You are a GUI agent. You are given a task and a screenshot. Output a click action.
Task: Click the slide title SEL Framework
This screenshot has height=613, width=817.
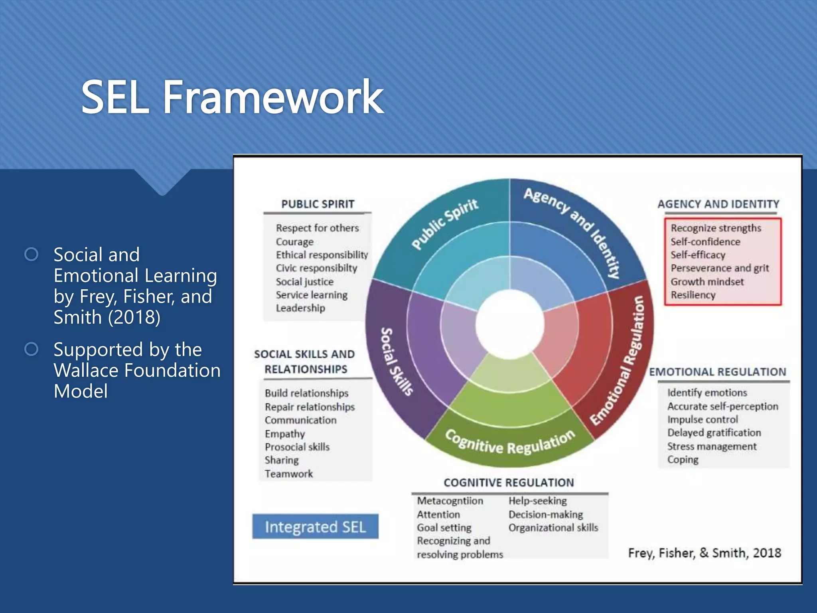(x=232, y=97)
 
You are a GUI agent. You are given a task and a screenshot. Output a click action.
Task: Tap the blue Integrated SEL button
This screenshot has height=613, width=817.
(x=315, y=526)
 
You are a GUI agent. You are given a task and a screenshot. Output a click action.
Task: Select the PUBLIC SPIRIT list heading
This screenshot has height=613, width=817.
(x=318, y=204)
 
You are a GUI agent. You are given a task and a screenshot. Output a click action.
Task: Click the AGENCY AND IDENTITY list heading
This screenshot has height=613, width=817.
(x=718, y=204)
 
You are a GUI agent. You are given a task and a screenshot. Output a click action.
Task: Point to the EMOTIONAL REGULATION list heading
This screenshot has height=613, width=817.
(x=717, y=372)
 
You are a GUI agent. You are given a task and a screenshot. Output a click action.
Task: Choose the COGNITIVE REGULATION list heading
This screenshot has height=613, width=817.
(x=509, y=482)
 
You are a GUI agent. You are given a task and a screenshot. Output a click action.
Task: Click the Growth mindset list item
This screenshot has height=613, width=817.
(x=707, y=281)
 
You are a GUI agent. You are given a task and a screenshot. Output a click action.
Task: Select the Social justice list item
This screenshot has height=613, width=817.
(x=304, y=281)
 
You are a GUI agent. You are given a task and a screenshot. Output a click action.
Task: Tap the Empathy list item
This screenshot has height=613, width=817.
(x=284, y=433)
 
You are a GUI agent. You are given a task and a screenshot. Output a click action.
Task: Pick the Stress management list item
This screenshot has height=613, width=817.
(x=712, y=446)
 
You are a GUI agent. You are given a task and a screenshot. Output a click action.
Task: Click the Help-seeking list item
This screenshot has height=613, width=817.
(x=537, y=500)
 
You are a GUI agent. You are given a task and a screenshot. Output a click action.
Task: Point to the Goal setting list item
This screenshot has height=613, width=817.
(x=444, y=527)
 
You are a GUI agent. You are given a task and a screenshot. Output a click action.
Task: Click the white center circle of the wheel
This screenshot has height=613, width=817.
(x=509, y=324)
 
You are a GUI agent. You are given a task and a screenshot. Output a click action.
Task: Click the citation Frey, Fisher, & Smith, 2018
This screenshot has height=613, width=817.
(x=704, y=553)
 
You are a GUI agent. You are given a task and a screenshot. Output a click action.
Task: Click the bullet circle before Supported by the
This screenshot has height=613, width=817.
(x=31, y=349)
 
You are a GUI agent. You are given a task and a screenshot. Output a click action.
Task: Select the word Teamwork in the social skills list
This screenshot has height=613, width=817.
(x=288, y=474)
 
